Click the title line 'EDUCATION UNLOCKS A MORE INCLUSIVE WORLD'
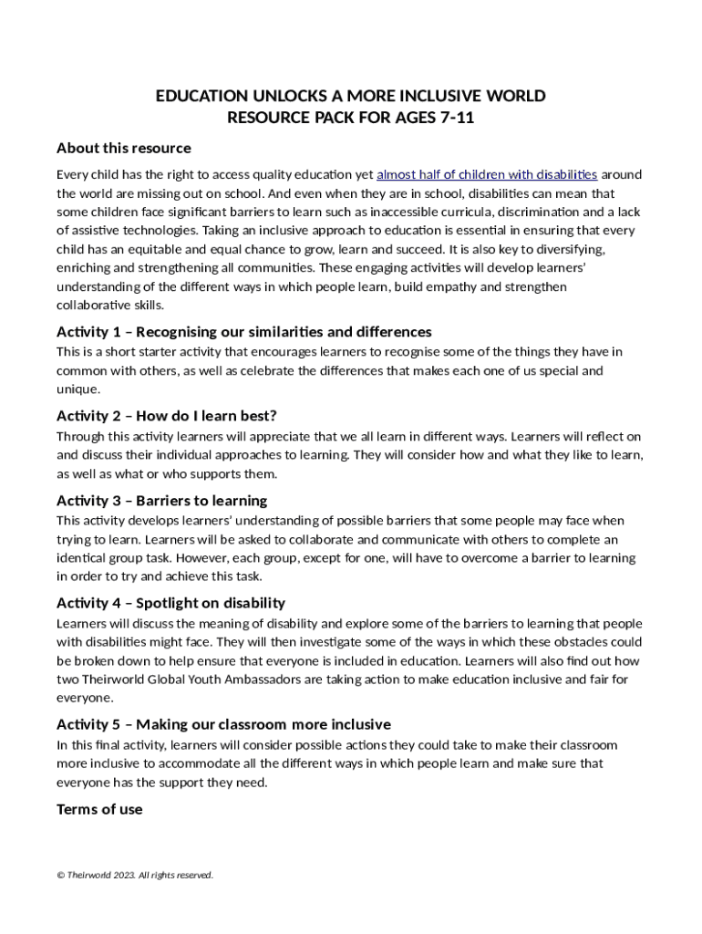pos(351,97)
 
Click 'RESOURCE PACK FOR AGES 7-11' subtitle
pos(351,119)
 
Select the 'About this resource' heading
pos(124,148)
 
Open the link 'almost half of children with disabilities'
pos(487,174)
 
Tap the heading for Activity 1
pos(244,331)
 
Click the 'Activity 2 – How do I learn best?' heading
pos(167,416)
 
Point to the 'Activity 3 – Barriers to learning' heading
pos(162,500)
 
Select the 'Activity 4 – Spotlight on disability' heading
pos(170,603)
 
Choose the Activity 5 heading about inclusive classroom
pos(223,724)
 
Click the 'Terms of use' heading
pos(99,809)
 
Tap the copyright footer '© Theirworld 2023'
pos(135,876)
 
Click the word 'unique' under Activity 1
pos(77,389)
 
